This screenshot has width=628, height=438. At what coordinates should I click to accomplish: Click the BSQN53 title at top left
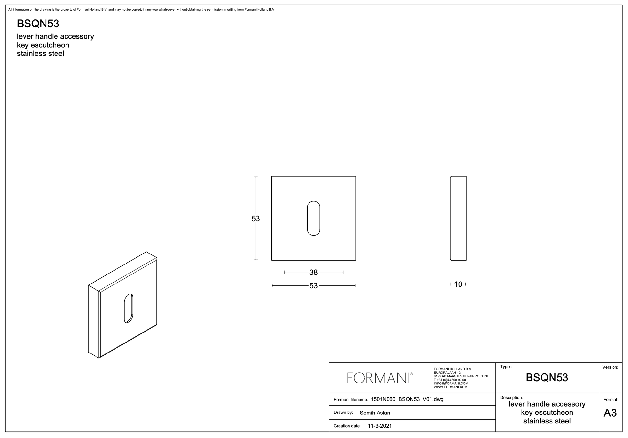click(x=38, y=24)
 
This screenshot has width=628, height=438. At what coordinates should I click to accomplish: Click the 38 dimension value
click(x=313, y=273)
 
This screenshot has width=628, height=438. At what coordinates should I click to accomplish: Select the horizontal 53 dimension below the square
click(x=313, y=286)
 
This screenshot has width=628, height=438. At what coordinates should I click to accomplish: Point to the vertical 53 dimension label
click(x=256, y=219)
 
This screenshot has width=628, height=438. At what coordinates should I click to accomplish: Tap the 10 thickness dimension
click(x=458, y=284)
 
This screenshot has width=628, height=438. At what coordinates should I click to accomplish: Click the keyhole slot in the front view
click(x=313, y=218)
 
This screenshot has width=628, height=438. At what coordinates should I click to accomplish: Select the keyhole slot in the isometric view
click(x=128, y=308)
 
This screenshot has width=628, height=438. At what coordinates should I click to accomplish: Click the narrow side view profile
click(x=458, y=218)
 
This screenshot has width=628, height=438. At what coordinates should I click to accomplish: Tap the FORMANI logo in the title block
click(x=380, y=378)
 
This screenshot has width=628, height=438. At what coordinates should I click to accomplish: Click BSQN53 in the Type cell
click(x=547, y=378)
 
